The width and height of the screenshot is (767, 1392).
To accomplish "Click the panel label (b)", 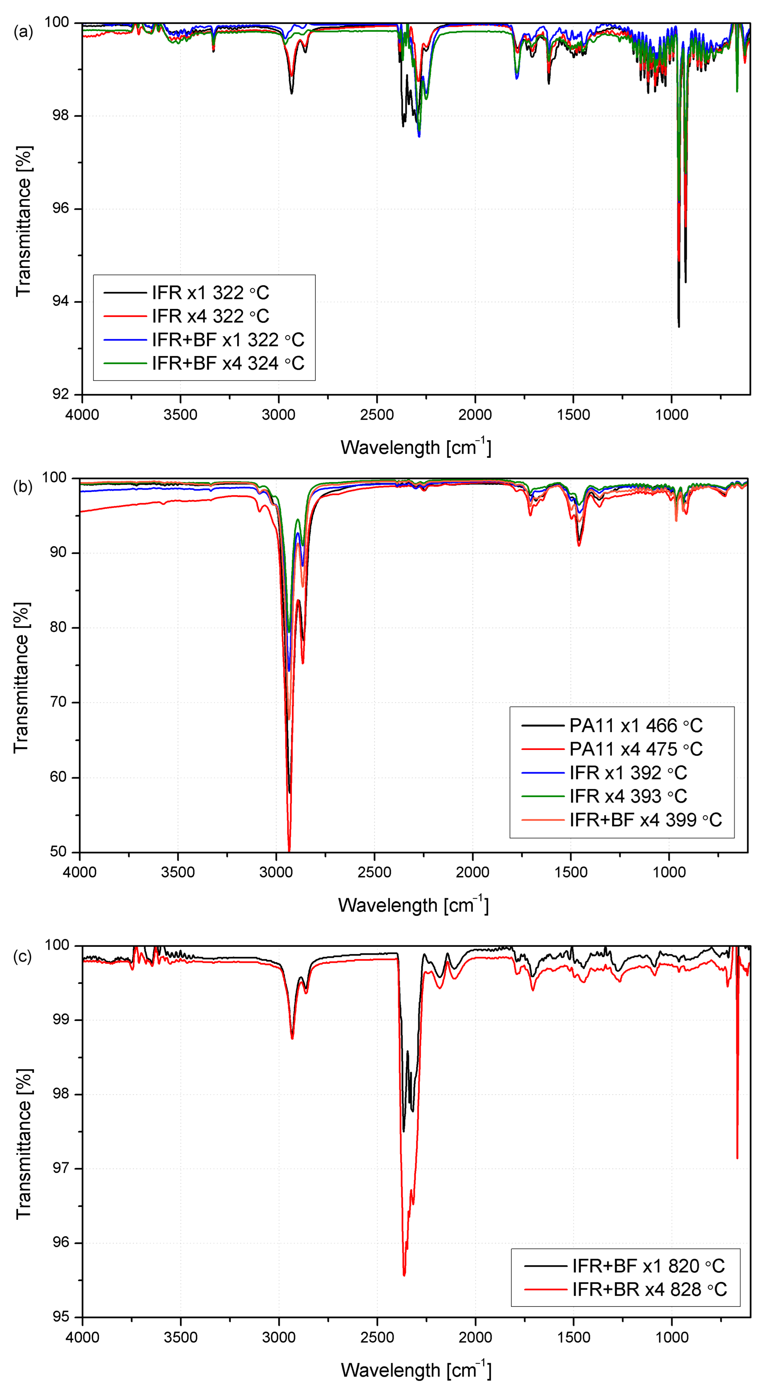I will click(23, 487).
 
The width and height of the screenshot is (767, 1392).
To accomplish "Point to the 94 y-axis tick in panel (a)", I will click(60, 301).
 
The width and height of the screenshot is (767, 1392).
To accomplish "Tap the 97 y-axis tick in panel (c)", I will click(60, 1168).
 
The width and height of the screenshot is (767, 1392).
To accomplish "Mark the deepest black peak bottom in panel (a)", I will click(679, 326).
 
